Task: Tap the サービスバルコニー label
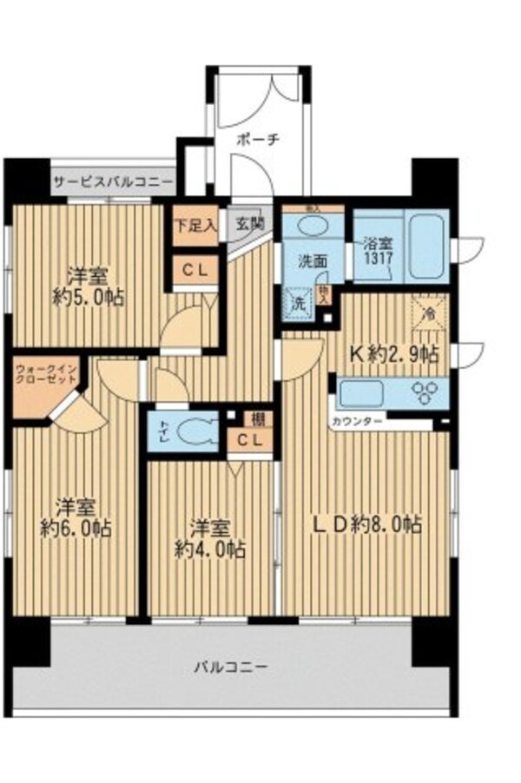pos(113,183)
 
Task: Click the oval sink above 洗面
pos(313,226)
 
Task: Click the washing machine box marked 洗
pos(297,305)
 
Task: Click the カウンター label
pos(354,423)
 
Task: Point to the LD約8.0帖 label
pos(367,524)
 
